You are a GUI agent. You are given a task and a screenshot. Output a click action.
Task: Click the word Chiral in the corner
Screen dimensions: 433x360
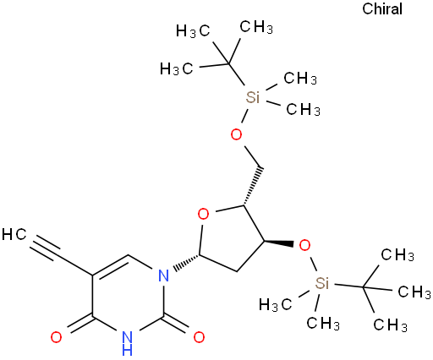point(382,9)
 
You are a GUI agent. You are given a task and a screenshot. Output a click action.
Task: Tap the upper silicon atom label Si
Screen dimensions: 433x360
point(252,97)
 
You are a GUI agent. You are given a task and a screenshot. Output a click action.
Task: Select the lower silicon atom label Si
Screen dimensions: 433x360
point(322,283)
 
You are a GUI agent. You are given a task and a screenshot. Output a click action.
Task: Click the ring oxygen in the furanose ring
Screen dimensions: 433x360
point(203,214)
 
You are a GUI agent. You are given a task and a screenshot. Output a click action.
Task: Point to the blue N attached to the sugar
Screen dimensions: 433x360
point(163,275)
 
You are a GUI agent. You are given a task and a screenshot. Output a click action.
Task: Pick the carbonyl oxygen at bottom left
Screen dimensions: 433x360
point(56,337)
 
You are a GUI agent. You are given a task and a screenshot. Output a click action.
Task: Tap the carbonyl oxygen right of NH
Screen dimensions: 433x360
point(199,337)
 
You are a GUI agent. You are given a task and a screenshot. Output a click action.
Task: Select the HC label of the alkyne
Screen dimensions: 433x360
point(14,234)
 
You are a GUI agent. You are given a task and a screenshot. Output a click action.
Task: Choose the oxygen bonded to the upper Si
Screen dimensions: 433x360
point(236,134)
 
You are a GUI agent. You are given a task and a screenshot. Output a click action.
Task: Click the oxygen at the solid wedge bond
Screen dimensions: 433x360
point(304,245)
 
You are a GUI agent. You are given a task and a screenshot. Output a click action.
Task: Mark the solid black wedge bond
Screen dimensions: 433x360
point(278,243)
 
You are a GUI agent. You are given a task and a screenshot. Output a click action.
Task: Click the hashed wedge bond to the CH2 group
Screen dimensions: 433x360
point(253,187)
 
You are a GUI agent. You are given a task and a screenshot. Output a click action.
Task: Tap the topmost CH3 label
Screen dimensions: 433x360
point(256,27)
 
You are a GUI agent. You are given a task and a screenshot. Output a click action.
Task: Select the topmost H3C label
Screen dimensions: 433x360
point(193,30)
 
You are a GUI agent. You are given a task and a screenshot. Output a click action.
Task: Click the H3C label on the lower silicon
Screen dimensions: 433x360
point(275,305)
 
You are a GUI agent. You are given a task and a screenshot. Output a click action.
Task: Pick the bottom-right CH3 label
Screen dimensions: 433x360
point(390,325)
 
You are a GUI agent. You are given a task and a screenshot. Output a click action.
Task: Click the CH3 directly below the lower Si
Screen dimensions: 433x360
point(323,323)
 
